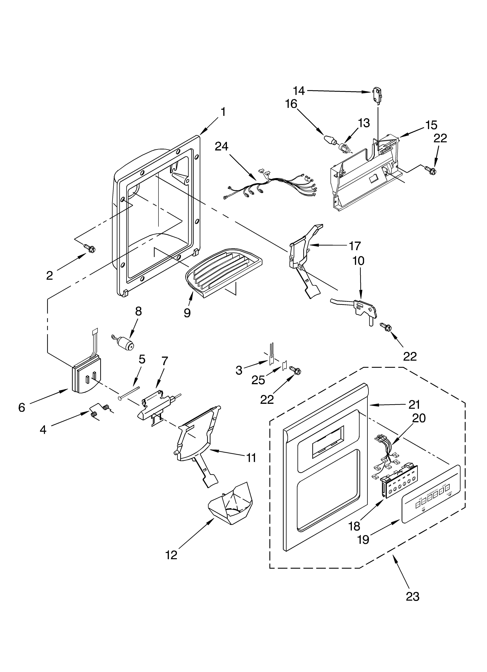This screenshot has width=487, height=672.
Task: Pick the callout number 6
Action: (22, 408)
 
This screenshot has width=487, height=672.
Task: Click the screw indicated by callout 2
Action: (89, 248)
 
